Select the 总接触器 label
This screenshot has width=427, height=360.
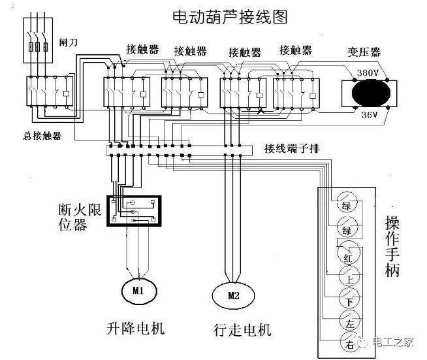40,136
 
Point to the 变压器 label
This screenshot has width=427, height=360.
366,51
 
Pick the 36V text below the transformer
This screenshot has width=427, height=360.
369,115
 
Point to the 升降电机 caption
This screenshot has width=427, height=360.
136,327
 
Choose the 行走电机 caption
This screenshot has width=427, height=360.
242,329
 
